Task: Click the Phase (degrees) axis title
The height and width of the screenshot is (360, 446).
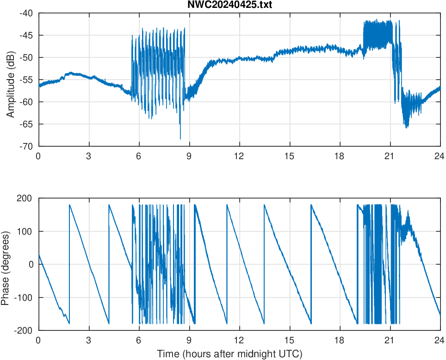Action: tap(6, 264)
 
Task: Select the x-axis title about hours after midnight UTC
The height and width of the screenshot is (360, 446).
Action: tap(229, 354)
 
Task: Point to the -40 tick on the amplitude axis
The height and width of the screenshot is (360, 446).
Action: tap(26, 13)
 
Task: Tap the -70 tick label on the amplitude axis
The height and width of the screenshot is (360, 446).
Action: tap(26, 146)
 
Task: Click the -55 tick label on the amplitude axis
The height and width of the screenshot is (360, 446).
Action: tap(26, 80)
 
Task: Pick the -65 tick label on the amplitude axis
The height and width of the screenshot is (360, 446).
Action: tap(26, 124)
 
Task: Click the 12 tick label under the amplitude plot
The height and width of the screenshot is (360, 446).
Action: tap(239, 156)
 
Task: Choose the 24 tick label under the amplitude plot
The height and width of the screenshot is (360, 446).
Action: tap(440, 156)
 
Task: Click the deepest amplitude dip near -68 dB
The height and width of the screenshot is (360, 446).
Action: tap(180, 138)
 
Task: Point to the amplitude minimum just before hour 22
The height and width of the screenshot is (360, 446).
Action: tap(407, 127)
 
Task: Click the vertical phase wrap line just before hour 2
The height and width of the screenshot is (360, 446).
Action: tap(69, 264)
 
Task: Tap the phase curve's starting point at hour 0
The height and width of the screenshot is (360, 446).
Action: tap(39, 254)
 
